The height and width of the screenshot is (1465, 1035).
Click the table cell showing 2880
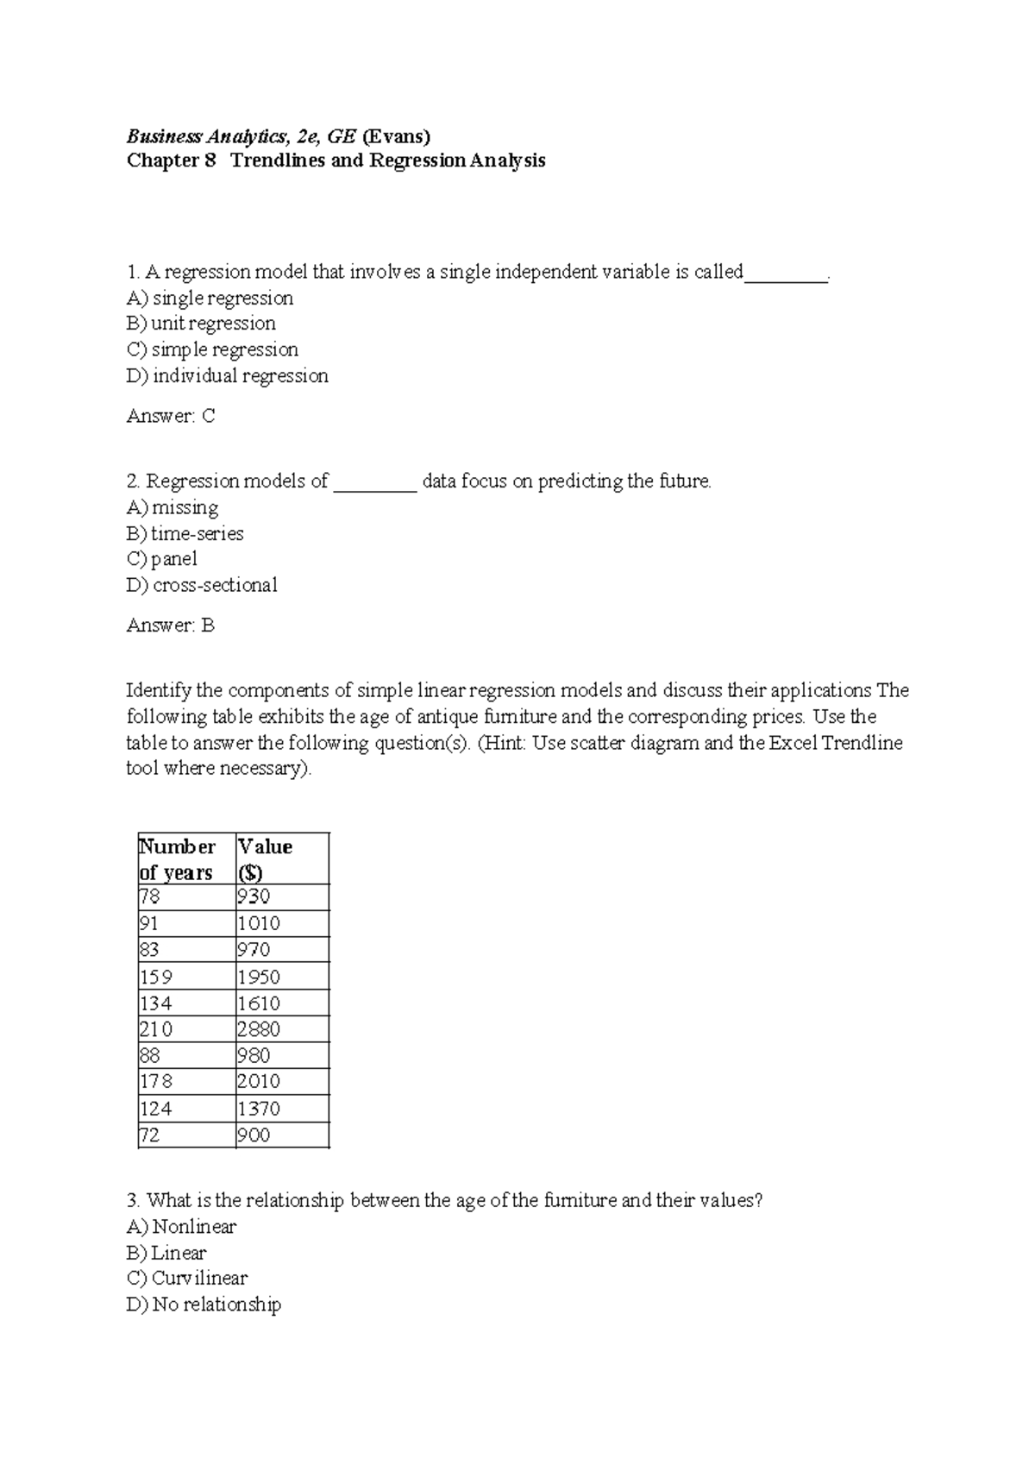pos(259,1029)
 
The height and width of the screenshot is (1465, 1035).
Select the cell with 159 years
pos(156,977)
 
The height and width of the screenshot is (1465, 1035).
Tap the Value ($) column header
pos(265,858)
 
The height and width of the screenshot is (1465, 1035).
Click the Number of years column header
pos(178,858)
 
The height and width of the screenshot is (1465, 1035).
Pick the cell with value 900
pos(254,1135)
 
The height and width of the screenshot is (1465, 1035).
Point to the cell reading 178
pos(156,1081)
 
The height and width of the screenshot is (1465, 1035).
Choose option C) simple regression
pos(212,349)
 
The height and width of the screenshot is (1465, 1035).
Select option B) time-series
pos(185,533)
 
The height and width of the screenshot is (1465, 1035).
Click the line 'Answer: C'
pos(170,416)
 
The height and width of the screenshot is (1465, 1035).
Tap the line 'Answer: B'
pos(170,626)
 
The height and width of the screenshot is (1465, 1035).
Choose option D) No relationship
pos(204,1304)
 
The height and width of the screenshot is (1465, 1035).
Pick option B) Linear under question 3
pos(166,1252)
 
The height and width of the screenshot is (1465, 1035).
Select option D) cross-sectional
pos(202,585)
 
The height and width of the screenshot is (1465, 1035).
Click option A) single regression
pos(210,298)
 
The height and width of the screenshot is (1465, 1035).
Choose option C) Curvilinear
pos(186,1278)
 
